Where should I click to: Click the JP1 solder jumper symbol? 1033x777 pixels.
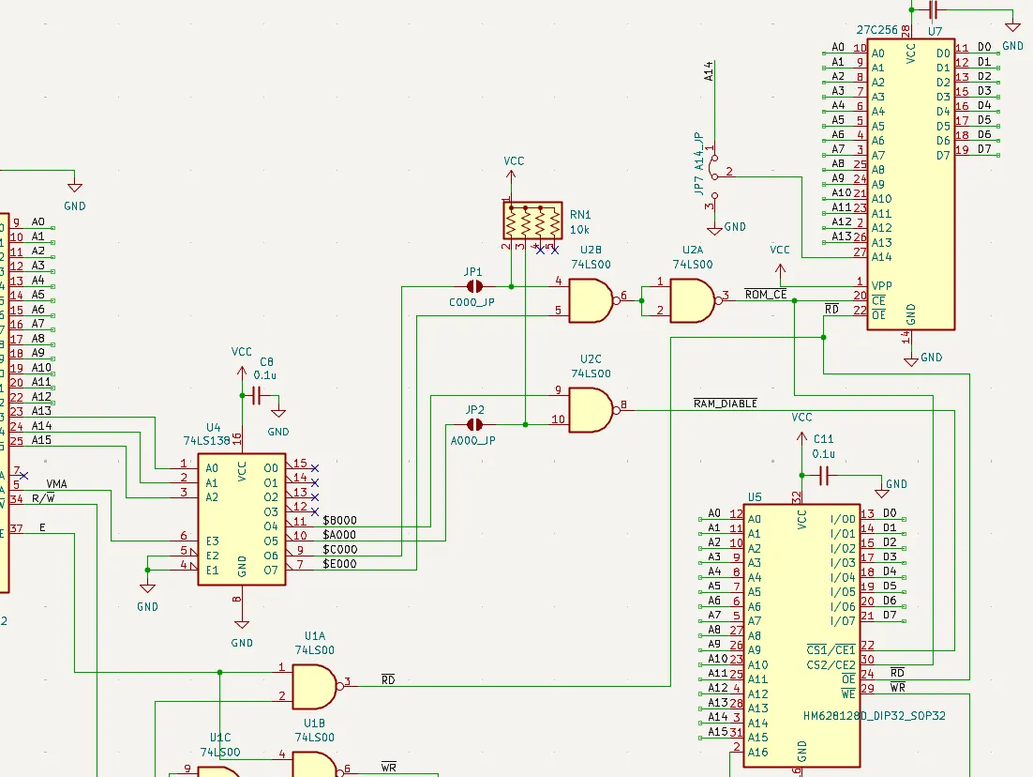474,286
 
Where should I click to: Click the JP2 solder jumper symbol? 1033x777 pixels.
474,425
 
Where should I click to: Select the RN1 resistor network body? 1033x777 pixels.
533,221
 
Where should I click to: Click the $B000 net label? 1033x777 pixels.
339,521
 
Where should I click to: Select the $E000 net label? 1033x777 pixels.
339,564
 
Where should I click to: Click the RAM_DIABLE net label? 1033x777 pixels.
726,404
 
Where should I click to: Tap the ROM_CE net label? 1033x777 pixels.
766,295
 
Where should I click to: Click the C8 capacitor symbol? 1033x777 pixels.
257,396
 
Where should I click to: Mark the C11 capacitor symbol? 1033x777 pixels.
824,475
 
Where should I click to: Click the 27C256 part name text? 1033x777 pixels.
876,30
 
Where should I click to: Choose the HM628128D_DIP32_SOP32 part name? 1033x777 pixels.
875,716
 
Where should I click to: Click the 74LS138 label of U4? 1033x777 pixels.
207,441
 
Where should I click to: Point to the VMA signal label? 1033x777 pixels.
56,484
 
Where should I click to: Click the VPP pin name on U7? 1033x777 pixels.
881,285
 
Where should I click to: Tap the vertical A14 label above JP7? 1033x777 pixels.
709,71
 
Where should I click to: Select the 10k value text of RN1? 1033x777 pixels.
579,230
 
